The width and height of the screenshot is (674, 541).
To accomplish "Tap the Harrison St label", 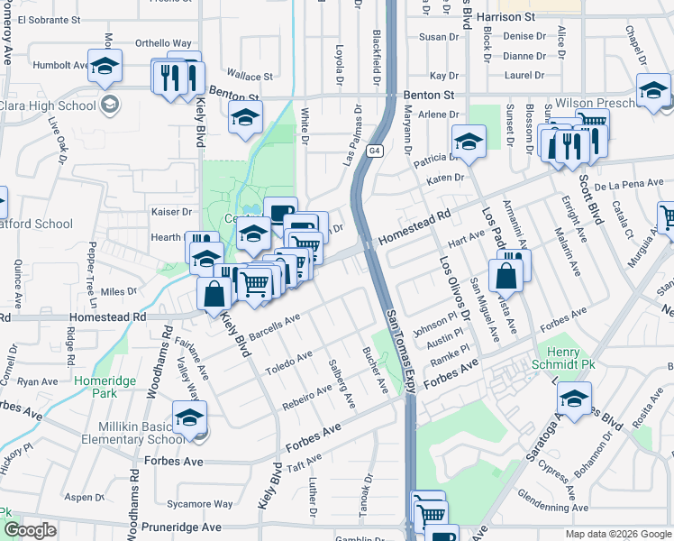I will point(505,16).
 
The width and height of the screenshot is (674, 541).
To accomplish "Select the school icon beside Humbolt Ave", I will point(105,66).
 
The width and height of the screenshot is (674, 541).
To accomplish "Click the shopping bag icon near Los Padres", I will point(506,276).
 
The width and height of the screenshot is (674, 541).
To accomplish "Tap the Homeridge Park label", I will point(96,387).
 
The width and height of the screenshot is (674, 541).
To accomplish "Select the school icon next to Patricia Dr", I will point(469,141).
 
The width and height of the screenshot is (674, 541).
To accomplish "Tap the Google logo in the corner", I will point(30,530).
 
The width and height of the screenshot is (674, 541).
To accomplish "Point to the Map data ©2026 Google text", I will point(618,534).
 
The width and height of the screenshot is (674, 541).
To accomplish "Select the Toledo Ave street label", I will point(287,362).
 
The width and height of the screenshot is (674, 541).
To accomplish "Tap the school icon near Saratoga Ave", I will point(574,397).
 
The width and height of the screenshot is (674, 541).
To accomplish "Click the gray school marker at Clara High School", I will point(110,105).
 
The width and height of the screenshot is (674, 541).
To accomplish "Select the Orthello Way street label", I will point(164,42).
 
